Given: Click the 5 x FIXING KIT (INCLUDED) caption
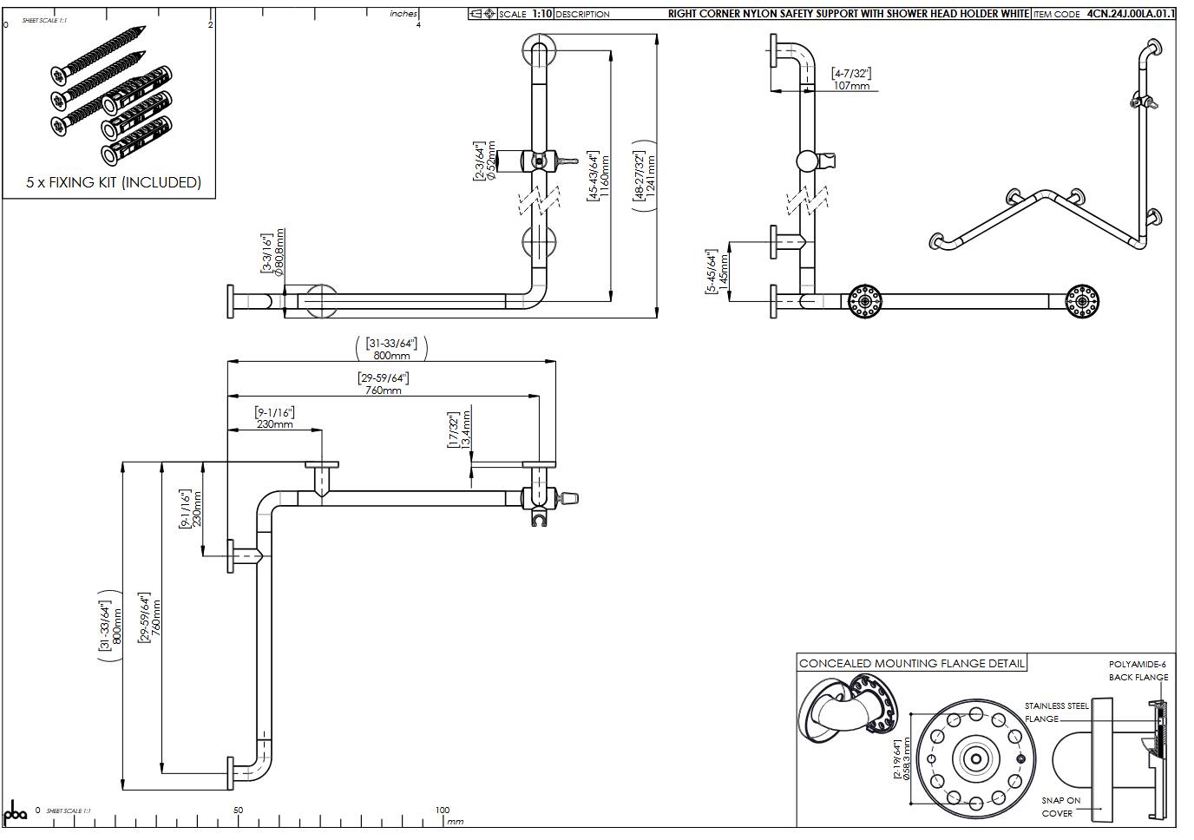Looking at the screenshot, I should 114,182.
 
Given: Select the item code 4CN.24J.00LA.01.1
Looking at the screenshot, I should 1131,14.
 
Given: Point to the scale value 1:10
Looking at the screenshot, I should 541,14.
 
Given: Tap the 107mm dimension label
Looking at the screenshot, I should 851,86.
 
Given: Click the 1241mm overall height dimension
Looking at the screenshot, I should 652,172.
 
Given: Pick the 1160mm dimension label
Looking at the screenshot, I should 605,176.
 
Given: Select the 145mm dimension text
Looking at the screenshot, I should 724,272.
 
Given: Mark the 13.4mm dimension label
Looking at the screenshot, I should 466,429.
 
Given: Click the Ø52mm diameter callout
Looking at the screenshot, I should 490,161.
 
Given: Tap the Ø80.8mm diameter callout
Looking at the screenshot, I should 279,252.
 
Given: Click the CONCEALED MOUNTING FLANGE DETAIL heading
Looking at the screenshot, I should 911,664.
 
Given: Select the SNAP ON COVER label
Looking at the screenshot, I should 1060,807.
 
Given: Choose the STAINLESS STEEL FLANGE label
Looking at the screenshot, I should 1055,712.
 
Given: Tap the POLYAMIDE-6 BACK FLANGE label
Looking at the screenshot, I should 1138,671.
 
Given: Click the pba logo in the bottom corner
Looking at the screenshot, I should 16,813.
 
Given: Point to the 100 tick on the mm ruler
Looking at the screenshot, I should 442,810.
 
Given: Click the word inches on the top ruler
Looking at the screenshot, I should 403,14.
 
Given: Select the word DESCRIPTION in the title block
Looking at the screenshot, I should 582,14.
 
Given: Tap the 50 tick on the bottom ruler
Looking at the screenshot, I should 238,810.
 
